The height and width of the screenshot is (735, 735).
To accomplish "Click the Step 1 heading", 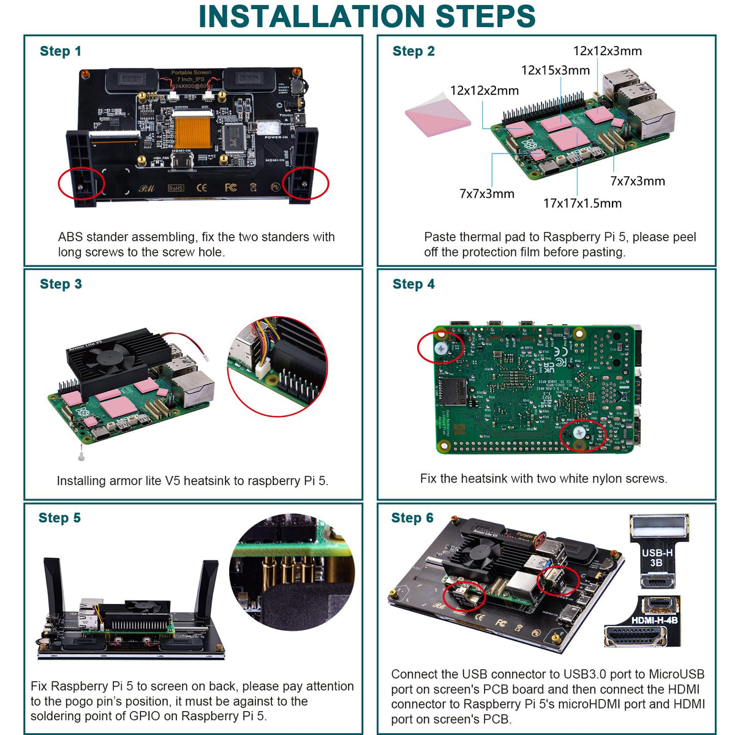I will pyautogui.click(x=60, y=51).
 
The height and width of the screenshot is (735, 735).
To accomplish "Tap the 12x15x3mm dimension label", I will pyautogui.click(x=555, y=70).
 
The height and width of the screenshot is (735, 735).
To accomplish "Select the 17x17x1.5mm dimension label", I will pyautogui.click(x=582, y=203).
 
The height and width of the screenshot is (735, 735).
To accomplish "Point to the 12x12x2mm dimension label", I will pyautogui.click(x=484, y=91).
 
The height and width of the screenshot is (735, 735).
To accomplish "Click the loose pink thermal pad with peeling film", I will pyautogui.click(x=437, y=113).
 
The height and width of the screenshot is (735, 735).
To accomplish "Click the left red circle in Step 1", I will pyautogui.click(x=81, y=184).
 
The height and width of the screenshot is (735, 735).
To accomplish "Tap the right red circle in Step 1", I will pyautogui.click(x=305, y=183).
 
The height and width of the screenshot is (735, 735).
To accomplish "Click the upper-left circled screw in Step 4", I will pyautogui.click(x=441, y=347).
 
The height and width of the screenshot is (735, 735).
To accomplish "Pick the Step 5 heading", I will pyautogui.click(x=59, y=518).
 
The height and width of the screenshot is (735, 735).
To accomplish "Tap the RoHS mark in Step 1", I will pyautogui.click(x=175, y=188).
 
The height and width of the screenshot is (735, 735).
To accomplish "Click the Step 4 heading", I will pyautogui.click(x=413, y=284).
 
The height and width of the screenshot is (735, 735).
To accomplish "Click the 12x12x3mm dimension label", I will pyautogui.click(x=607, y=51).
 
